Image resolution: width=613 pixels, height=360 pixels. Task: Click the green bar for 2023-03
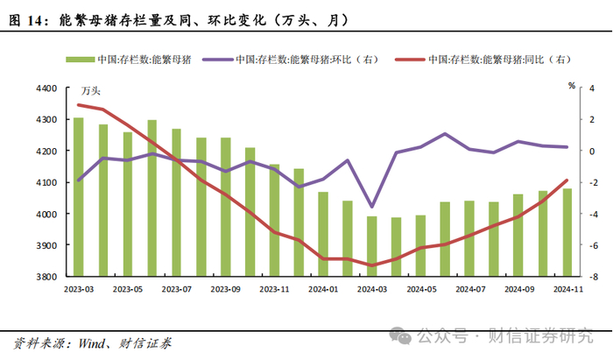(79, 196)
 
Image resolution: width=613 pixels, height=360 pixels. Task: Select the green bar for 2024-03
(372, 246)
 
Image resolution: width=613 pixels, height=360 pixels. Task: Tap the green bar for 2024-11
(567, 232)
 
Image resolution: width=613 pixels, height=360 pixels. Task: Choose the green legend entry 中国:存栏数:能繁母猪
(131, 60)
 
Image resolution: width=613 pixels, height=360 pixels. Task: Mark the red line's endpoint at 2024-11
(567, 180)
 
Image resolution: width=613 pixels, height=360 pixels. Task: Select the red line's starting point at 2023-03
(79, 105)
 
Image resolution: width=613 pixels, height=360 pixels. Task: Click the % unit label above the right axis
(571, 86)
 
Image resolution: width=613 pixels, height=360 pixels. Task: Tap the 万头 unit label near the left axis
(91, 90)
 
